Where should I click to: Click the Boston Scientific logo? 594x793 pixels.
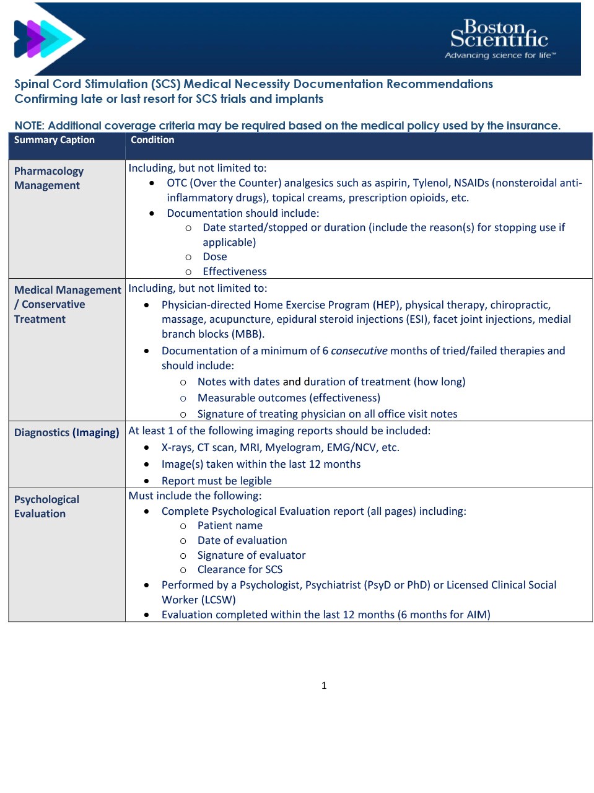click(499, 34)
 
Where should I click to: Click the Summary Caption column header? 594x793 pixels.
click(55, 140)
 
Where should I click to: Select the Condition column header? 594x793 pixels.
click(152, 140)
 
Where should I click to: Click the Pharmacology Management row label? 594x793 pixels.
click(48, 178)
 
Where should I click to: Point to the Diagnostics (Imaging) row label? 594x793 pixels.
click(66, 432)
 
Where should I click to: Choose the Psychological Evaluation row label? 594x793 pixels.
click(46, 507)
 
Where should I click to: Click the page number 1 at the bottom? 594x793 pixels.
click(324, 685)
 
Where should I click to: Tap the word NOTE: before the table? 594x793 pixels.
click(29, 126)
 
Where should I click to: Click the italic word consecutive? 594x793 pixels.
click(359, 351)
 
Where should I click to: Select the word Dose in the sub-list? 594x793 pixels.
click(215, 256)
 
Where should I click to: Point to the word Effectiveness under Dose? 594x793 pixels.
click(235, 271)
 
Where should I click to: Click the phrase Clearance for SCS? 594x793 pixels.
click(240, 569)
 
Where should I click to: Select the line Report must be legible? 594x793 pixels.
click(217, 481)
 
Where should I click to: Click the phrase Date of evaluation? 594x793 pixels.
click(242, 540)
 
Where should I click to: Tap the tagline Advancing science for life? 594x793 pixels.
click(500, 56)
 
